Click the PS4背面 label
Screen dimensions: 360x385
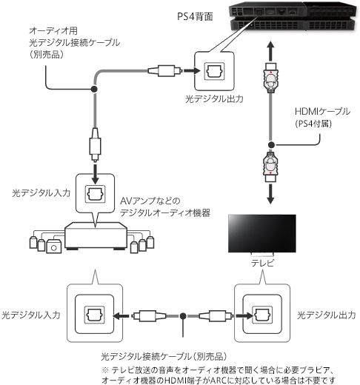point(195,16)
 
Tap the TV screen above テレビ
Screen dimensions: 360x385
point(262,233)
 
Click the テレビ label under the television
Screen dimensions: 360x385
point(262,263)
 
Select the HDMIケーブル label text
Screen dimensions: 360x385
point(322,112)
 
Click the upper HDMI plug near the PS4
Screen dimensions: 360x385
point(271,78)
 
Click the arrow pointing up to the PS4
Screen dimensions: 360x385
point(271,51)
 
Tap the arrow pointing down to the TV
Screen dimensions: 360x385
point(270,194)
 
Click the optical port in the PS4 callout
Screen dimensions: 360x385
point(214,71)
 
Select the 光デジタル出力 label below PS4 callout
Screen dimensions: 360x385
point(214,98)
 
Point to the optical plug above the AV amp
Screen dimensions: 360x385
point(95,144)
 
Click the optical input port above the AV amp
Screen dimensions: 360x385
point(95,194)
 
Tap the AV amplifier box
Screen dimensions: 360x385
point(96,236)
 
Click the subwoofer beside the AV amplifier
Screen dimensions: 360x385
point(53,247)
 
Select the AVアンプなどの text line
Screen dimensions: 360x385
point(150,201)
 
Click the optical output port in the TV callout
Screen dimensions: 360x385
point(262,315)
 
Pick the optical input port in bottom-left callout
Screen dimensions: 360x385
point(95,315)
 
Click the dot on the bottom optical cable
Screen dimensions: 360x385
point(183,315)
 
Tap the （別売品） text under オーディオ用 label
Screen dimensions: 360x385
point(47,55)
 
